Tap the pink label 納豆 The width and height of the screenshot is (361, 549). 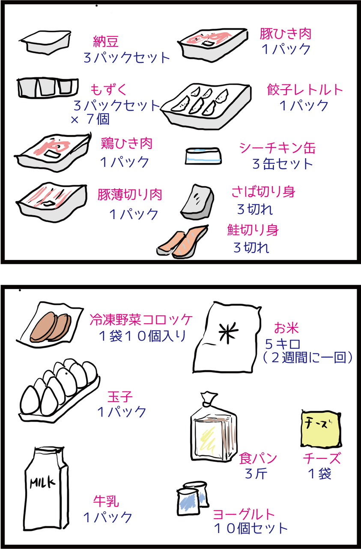click(x=106, y=42)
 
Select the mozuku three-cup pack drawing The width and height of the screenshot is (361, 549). click(x=48, y=87)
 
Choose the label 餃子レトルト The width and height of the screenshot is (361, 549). click(x=305, y=90)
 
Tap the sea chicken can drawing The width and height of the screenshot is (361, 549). click(x=204, y=156)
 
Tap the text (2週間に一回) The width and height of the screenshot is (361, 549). click(x=308, y=357)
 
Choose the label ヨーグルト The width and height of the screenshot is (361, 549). click(x=244, y=513)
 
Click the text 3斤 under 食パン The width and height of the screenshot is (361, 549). click(x=256, y=474)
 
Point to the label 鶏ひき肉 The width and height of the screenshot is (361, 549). click(x=127, y=144)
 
